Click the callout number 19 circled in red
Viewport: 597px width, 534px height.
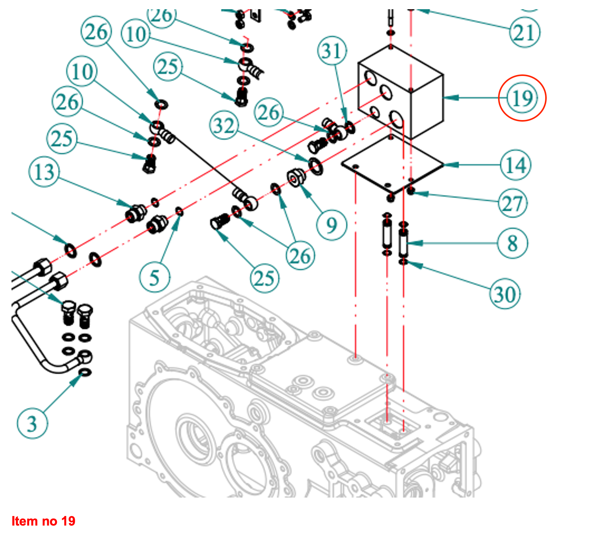coord(522,98)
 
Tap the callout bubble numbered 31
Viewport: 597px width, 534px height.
coord(332,51)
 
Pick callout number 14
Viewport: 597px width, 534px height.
coord(516,165)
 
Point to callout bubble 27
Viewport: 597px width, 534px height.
coord(513,203)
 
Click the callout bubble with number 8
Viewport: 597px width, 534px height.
coord(513,243)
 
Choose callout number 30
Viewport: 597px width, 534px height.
coord(505,294)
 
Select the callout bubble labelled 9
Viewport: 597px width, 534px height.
coord(331,225)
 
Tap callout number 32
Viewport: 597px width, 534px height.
coord(224,125)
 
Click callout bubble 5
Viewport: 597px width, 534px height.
coord(154,277)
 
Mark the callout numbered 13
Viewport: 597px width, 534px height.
coord(45,172)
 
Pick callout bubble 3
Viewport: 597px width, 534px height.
coord(32,424)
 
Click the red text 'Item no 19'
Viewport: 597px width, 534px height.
coord(43,521)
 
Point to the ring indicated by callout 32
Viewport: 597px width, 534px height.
coord(315,166)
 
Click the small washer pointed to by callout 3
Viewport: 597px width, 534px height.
coord(85,372)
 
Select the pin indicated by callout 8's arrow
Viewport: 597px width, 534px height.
coord(403,243)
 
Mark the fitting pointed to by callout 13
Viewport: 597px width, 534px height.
coord(136,213)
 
